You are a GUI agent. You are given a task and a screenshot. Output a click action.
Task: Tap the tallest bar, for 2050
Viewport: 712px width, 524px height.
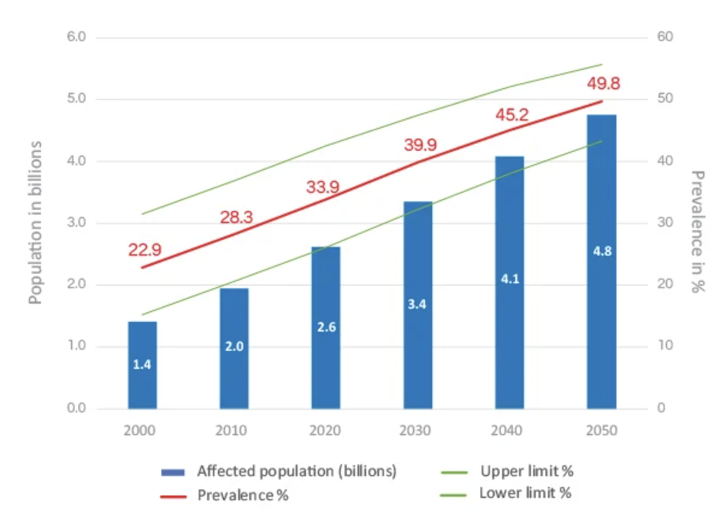tap(601, 261)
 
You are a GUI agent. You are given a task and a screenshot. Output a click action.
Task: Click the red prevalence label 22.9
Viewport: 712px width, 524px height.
tap(144, 250)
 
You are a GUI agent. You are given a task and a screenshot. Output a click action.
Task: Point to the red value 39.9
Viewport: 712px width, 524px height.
tap(420, 145)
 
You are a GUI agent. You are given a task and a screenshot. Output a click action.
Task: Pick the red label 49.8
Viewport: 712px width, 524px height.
tap(603, 84)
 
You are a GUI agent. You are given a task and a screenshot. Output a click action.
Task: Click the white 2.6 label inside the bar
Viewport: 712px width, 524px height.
tap(326, 327)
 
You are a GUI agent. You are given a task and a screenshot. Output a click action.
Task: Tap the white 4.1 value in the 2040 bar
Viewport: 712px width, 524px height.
tap(510, 279)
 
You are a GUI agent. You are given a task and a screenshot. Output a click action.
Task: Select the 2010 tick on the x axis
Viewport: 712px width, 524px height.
tap(231, 430)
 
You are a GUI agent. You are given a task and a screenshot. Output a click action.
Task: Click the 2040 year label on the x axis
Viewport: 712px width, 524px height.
tap(507, 430)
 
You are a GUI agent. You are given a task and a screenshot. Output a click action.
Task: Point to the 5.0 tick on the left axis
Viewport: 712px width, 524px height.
tap(76, 98)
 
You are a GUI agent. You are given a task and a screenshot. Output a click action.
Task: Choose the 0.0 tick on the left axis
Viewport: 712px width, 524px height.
tap(76, 408)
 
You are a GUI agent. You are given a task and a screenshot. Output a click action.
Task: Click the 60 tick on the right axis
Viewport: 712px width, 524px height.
tap(665, 37)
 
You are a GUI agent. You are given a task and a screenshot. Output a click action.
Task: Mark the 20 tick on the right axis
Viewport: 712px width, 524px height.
tap(665, 284)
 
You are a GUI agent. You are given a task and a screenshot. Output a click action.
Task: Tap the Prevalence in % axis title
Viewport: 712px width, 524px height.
tap(698, 231)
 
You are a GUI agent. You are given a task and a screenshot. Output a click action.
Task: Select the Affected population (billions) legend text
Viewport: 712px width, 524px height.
tap(297, 471)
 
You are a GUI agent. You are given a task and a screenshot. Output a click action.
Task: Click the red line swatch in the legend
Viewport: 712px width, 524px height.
tap(173, 497)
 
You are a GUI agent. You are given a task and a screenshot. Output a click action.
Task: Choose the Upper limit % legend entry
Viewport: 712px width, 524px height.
tap(527, 471)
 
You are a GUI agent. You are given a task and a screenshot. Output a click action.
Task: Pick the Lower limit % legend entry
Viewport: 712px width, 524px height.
tap(525, 493)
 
